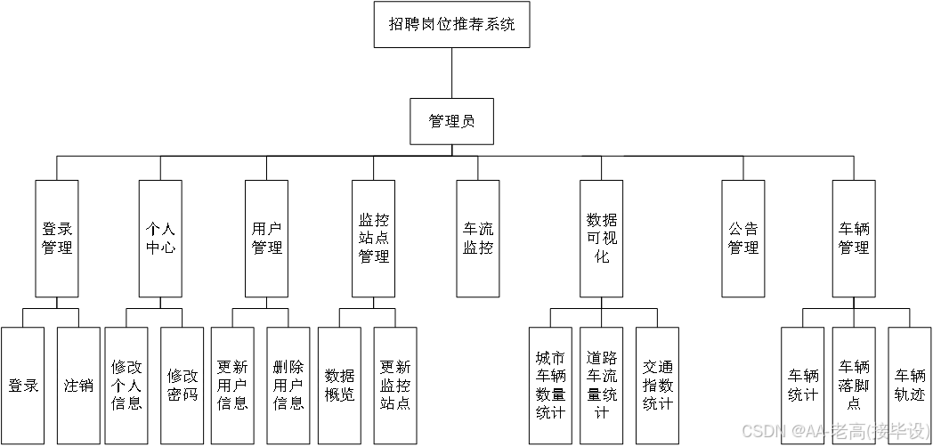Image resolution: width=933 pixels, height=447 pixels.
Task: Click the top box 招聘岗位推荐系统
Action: pyautogui.click(x=451, y=25)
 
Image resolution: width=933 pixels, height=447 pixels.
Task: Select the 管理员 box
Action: pyautogui.click(x=451, y=121)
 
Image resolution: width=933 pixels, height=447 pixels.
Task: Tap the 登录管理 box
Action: pyautogui.click(x=57, y=238)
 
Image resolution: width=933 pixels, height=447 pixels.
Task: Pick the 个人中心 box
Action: pyautogui.click(x=161, y=238)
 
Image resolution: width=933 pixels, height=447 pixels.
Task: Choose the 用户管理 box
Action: pyautogui.click(x=267, y=238)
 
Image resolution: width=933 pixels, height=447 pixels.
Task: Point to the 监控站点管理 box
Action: pyautogui.click(x=373, y=238)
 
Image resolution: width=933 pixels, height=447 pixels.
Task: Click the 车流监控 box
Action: pyautogui.click(x=478, y=238)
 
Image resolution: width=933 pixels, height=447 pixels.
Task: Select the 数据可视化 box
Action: pyautogui.click(x=602, y=238)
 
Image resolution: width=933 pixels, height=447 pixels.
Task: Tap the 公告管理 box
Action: pyautogui.click(x=743, y=238)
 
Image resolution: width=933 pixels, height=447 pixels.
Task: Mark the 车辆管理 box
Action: pyautogui.click(x=854, y=238)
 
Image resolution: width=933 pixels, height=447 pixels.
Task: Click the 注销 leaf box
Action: pyautogui.click(x=78, y=386)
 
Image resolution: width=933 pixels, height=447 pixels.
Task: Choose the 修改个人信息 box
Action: pyautogui.click(x=126, y=386)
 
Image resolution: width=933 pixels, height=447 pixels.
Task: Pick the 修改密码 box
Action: pyautogui.click(x=183, y=386)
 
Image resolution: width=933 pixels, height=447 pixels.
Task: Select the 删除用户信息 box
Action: pyautogui.click(x=288, y=386)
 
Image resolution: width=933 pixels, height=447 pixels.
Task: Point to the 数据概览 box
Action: pyautogui.click(x=339, y=386)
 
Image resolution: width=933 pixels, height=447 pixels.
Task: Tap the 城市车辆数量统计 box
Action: pyautogui.click(x=550, y=386)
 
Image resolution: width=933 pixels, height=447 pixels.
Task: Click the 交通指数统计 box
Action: pyautogui.click(x=657, y=386)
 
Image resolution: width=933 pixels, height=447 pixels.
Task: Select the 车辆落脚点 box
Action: pyautogui.click(x=854, y=386)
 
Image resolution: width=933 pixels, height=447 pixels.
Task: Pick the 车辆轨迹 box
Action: pyautogui.click(x=910, y=386)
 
